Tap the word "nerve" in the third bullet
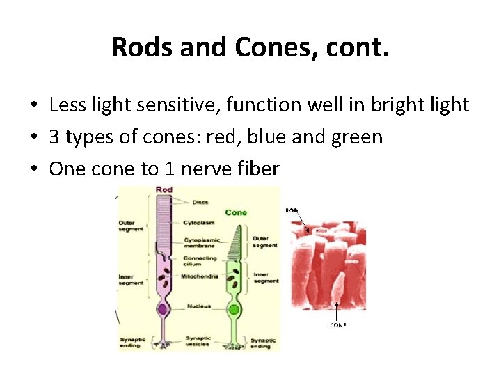click(x=205, y=169)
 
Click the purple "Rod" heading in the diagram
click(x=164, y=190)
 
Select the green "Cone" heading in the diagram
click(x=236, y=212)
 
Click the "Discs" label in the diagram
click(x=200, y=202)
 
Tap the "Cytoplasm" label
click(x=200, y=223)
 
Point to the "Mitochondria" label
click(x=201, y=276)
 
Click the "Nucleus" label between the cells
click(x=199, y=306)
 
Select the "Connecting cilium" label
click(x=201, y=261)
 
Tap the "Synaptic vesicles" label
click(x=199, y=342)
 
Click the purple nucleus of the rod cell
click(x=162, y=308)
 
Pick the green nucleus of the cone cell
click(x=234, y=309)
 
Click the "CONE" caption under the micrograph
click(x=337, y=325)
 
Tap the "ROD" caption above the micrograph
click(x=292, y=210)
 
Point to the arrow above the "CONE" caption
click(x=337, y=310)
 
